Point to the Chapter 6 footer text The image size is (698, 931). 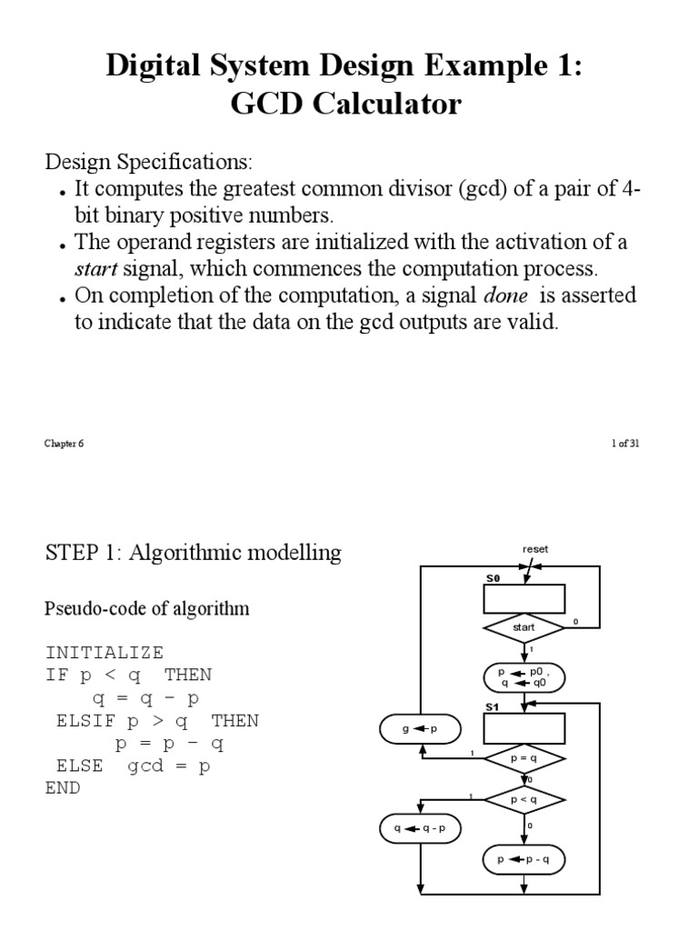(64, 445)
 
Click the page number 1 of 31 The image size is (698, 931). (626, 445)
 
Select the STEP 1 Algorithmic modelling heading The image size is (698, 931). (194, 553)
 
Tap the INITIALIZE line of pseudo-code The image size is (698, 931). (105, 652)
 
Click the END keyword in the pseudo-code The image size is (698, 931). (63, 788)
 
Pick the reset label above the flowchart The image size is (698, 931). (535, 549)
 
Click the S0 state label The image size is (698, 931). (492, 578)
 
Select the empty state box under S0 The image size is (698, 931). (524, 599)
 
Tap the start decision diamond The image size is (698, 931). (524, 627)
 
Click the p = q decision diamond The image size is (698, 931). (524, 757)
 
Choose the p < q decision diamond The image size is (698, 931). (524, 800)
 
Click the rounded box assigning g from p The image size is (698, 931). (420, 729)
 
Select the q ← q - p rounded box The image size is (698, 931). (420, 828)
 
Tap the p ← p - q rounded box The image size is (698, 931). (524, 860)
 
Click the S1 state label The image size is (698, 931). (492, 706)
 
